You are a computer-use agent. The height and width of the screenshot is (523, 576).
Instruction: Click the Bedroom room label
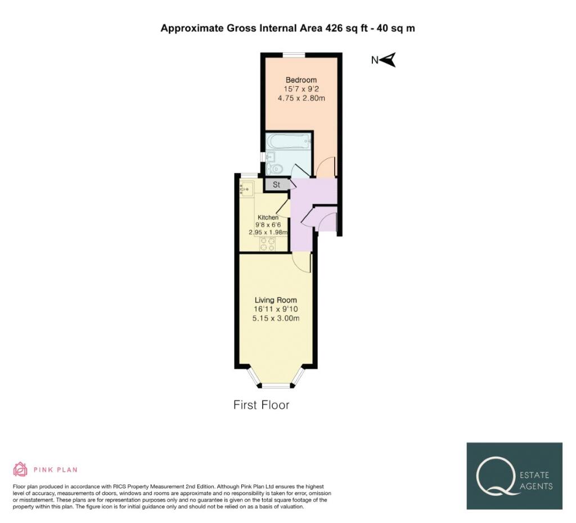coord(301,80)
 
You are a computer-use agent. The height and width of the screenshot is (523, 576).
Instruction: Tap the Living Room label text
coord(276,300)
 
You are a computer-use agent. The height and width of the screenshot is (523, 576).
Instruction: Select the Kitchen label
coord(268,217)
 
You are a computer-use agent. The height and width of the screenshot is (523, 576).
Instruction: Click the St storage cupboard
coord(276,185)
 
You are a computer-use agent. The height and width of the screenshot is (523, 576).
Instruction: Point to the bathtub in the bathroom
coord(289,141)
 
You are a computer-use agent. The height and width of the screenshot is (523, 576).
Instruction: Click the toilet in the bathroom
coord(274,169)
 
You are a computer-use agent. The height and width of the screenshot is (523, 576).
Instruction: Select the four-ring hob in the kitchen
coord(267,244)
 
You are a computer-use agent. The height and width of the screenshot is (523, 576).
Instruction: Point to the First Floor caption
coord(261,405)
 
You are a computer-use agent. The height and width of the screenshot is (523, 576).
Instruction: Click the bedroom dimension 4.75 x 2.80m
coord(301,98)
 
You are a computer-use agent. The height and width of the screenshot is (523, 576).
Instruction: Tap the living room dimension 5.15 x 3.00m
coord(276,318)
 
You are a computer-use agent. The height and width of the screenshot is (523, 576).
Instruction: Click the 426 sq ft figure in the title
coord(346,28)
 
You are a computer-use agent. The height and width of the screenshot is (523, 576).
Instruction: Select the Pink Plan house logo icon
coord(20,469)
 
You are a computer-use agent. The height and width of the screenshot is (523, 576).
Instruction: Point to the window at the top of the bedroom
coord(294,55)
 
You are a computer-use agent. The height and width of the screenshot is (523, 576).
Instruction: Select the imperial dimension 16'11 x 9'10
coord(276,309)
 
